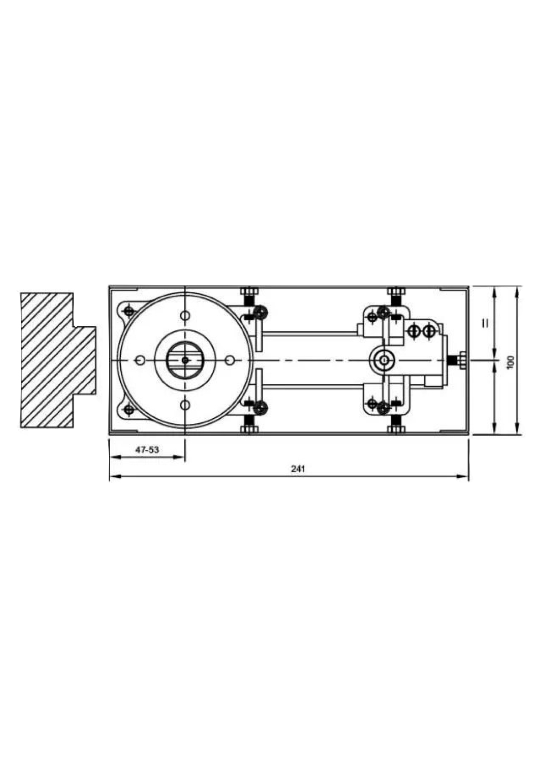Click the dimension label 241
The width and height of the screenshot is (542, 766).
298,469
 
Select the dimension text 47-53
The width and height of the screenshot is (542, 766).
147,450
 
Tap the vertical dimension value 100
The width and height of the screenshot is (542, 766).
511,362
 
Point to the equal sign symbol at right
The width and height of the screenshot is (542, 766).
485,323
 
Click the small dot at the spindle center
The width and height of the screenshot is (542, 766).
185,360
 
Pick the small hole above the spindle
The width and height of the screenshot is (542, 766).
185,315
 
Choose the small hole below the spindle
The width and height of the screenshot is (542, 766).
185,405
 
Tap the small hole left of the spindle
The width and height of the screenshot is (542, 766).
140,360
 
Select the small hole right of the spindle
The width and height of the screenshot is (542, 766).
230,360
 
